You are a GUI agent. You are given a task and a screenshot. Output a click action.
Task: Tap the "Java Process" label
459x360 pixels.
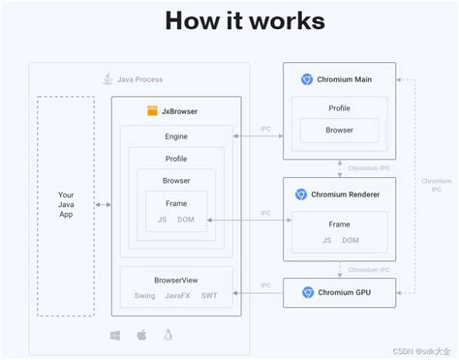(139, 78)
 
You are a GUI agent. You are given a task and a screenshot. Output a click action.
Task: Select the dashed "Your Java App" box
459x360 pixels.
(65, 205)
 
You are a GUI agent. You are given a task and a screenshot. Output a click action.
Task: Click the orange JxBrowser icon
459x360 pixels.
(153, 111)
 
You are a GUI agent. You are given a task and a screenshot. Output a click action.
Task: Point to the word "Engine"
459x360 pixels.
(176, 136)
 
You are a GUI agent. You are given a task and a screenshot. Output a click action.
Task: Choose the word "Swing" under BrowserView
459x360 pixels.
(144, 295)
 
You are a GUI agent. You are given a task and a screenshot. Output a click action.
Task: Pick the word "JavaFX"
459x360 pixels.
(177, 295)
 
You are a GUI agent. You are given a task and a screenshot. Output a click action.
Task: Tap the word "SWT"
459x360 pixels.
(209, 295)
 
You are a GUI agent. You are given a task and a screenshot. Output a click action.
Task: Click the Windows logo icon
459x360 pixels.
(115, 335)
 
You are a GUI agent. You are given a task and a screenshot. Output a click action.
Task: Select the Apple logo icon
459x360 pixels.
(141, 335)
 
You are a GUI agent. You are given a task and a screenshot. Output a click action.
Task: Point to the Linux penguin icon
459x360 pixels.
(168, 335)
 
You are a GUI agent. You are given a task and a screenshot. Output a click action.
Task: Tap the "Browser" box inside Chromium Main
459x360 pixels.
(339, 129)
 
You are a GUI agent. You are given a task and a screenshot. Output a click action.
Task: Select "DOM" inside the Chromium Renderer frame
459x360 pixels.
(351, 240)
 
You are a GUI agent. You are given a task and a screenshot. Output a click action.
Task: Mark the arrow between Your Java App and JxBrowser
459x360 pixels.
(104, 205)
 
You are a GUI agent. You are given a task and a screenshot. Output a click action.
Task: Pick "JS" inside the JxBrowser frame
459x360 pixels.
(162, 220)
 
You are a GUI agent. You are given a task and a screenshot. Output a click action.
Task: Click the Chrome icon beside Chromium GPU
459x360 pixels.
(308, 291)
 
